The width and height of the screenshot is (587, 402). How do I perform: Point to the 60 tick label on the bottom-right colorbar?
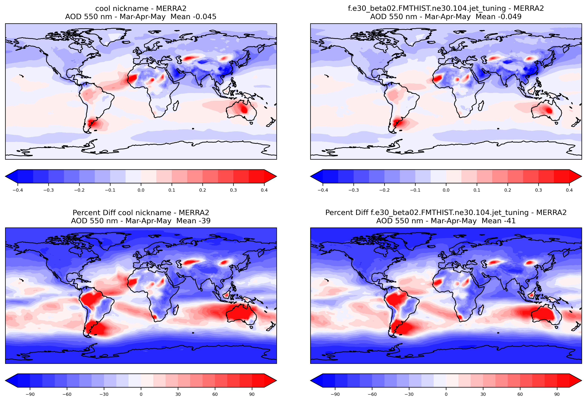(520, 394)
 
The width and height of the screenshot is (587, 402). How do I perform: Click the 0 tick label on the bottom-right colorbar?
(446, 394)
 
